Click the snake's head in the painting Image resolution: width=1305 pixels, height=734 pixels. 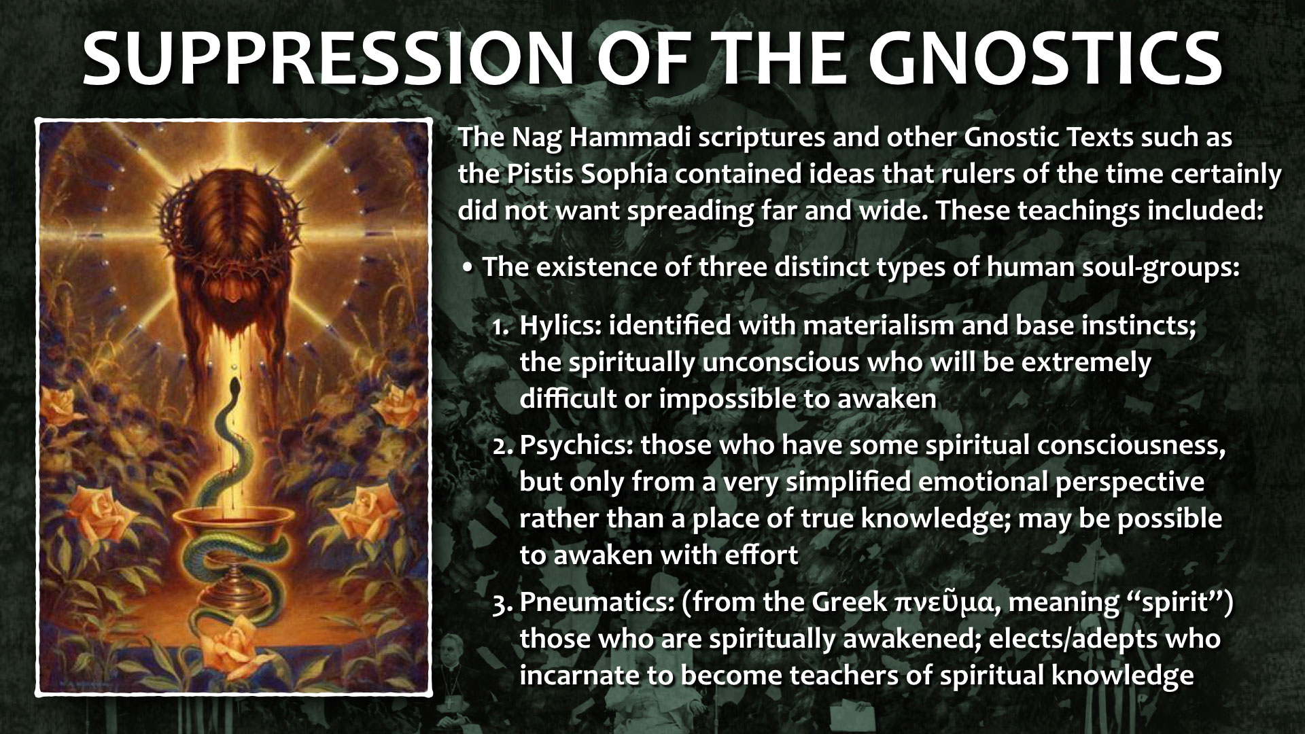(x=234, y=388)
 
